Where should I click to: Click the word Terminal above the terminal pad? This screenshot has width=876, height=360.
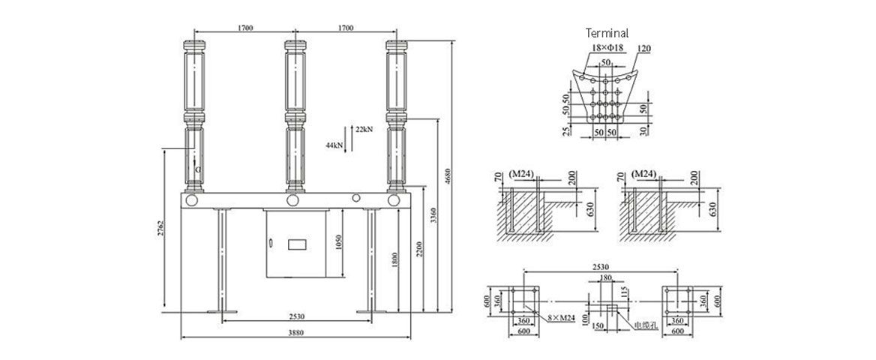(607, 33)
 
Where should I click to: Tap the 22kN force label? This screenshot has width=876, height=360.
(364, 130)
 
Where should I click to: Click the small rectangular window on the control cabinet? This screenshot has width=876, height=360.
(297, 244)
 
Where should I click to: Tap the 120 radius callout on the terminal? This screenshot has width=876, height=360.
(643, 49)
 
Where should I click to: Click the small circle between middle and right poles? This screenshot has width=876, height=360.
(358, 199)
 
